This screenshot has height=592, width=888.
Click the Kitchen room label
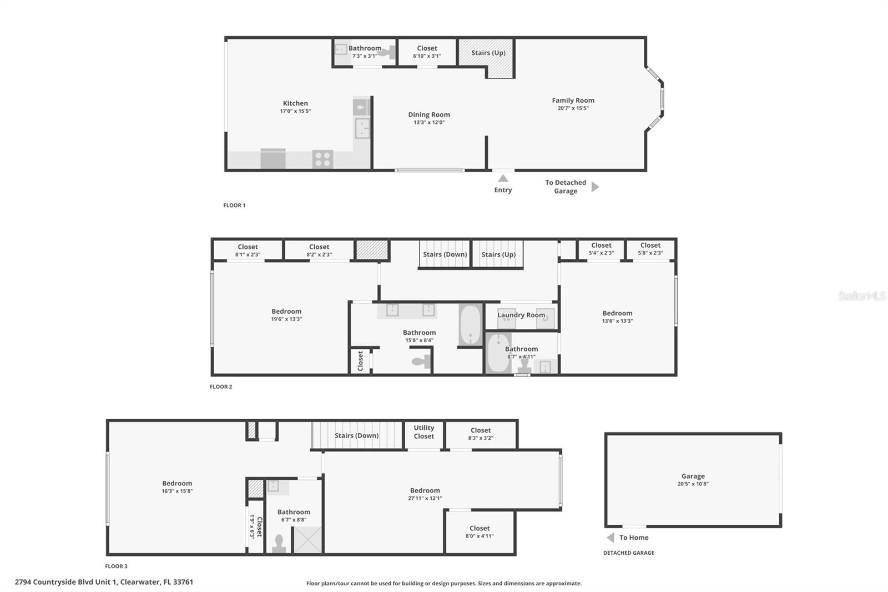click(x=295, y=103)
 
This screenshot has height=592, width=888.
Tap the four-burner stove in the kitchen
click(x=322, y=159)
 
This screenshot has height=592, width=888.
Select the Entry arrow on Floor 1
click(x=503, y=179)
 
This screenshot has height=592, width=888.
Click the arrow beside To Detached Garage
click(x=595, y=187)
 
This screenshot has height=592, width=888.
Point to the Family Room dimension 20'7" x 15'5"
click(x=573, y=108)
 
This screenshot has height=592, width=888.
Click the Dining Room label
click(x=429, y=115)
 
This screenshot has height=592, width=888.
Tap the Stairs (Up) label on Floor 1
click(x=488, y=53)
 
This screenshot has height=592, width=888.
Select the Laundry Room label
click(x=521, y=315)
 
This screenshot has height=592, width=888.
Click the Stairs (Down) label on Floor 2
click(x=445, y=254)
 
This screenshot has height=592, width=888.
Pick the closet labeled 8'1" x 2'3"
click(x=248, y=250)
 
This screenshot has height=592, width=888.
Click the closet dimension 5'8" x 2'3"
click(x=650, y=253)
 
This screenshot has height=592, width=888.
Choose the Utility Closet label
click(x=423, y=432)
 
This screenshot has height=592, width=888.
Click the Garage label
click(x=693, y=476)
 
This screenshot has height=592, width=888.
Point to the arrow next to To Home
click(x=610, y=538)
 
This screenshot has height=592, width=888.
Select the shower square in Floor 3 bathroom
click(x=307, y=539)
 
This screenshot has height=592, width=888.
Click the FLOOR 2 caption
click(x=221, y=387)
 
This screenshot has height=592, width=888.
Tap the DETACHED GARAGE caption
click(x=629, y=553)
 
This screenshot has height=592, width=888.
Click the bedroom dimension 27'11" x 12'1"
click(x=425, y=499)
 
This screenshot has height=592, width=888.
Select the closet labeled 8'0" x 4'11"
click(x=480, y=532)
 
